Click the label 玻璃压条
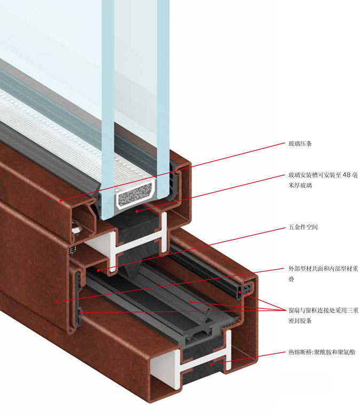[300, 144]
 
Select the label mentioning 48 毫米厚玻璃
[323, 180]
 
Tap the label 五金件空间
[303, 227]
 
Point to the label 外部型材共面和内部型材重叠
[323, 274]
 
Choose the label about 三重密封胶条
[323, 315]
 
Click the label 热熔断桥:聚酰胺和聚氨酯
[322, 352]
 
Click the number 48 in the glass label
[347, 175]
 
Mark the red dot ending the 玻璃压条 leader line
[61, 201]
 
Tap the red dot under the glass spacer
[137, 211]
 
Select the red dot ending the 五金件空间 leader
[98, 270]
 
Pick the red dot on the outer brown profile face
[58, 302]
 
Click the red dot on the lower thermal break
[211, 364]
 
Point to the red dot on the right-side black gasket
[240, 292]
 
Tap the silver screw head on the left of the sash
[76, 229]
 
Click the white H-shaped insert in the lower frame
[191, 360]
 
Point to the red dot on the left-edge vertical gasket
[81, 312]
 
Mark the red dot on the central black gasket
[190, 302]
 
